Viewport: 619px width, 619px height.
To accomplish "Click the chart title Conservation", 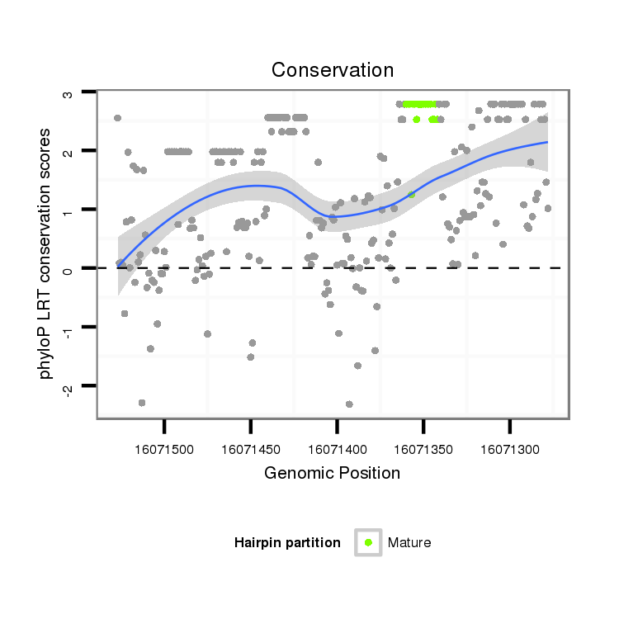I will [333, 70].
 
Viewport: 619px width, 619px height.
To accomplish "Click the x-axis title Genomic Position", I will [332, 473].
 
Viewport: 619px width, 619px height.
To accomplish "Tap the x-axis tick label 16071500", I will [165, 449].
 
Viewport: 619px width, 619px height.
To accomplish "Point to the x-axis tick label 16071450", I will [251, 449].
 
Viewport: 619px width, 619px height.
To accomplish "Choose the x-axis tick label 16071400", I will [337, 449].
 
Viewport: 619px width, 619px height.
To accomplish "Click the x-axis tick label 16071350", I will [423, 449].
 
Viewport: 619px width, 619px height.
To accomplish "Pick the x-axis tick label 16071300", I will [509, 449].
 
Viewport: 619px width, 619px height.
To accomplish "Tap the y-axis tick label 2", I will [69, 151].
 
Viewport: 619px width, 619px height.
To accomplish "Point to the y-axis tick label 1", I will [69, 210].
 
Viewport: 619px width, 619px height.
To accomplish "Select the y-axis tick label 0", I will [69, 269].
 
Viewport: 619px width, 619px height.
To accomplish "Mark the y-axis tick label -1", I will [69, 328].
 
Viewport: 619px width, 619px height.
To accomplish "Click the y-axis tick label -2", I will [69, 386].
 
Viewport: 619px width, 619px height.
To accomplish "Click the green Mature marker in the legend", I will [368, 542].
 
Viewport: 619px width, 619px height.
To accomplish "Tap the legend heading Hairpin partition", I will [287, 543].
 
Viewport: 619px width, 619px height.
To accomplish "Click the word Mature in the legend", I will [409, 543].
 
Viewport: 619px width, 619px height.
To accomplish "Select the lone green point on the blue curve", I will [411, 195].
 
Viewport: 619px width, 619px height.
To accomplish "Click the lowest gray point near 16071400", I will [349, 404].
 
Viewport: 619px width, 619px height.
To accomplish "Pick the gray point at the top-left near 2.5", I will [117, 118].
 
